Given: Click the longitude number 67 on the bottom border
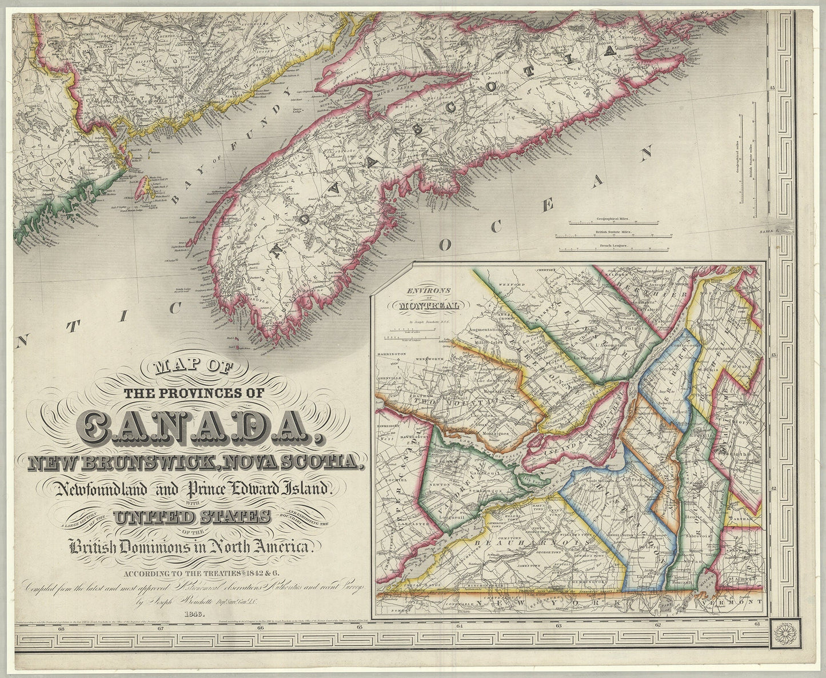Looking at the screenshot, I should (161, 629).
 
